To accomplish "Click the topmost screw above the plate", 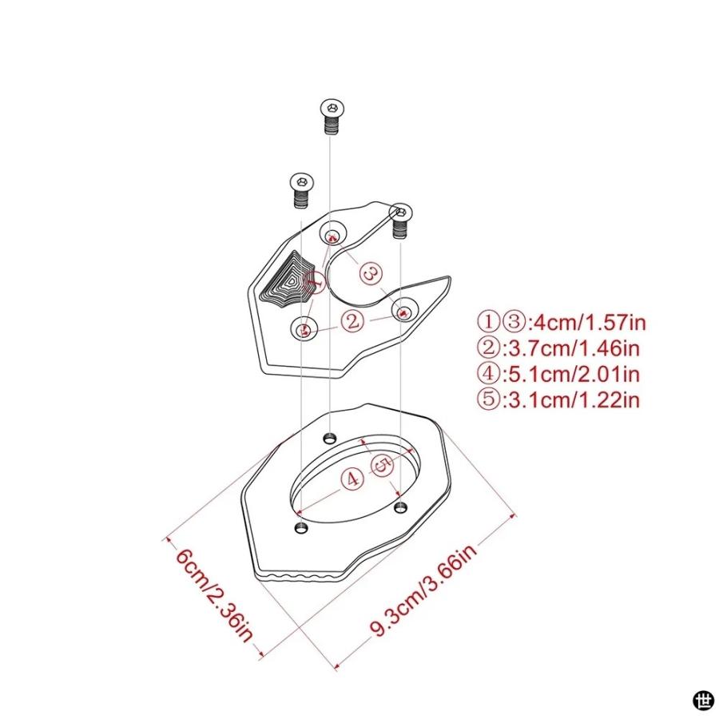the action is pos(332,117).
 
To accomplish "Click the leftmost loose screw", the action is pos(301,190).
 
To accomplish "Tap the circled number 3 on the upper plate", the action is pos(371,274).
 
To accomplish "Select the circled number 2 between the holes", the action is pos(352,321).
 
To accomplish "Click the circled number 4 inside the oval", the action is pos(352,479).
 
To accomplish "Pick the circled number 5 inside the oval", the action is pos(382,466).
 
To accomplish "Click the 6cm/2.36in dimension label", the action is pos(213,594).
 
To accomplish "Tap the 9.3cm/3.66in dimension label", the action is pos(423,590).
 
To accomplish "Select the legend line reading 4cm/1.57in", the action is pos(562,322).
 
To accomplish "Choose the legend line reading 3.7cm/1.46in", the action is pos(558,348).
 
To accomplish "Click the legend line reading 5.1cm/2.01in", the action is pos(558,374).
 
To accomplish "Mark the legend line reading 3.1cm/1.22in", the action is pos(558,400).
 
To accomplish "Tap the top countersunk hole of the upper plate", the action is pos(333,235).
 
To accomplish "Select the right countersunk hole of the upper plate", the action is pos(404,310).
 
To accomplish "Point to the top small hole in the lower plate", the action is pos(330,438).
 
